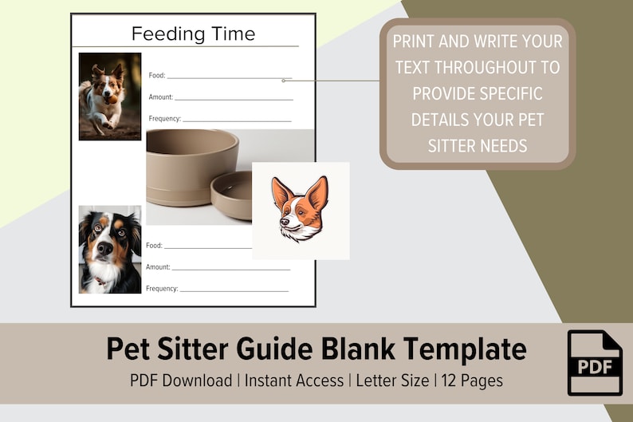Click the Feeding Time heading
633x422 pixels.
[193, 34]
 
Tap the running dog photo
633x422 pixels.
[110, 96]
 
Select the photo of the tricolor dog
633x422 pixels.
[110, 249]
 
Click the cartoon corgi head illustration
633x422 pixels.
[300, 210]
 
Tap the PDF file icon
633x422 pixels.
[595, 362]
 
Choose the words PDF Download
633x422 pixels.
[181, 381]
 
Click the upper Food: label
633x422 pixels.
[157, 76]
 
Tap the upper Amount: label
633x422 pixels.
[160, 97]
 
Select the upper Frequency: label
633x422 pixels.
[164, 119]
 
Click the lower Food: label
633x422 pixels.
[154, 246]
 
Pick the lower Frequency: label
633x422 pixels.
[162, 289]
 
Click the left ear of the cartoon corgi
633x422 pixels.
[281, 192]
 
